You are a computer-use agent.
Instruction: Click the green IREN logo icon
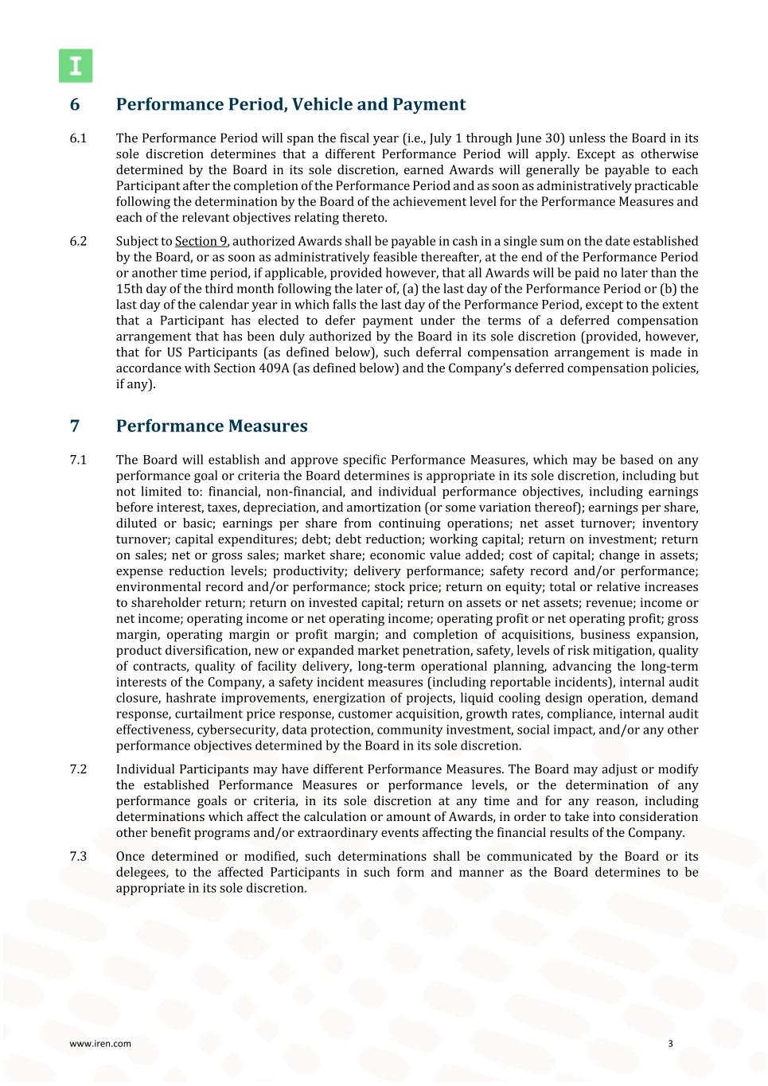click(76, 66)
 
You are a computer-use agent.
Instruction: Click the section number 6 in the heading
click(75, 105)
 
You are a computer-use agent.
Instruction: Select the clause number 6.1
click(78, 138)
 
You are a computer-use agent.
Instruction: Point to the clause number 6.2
click(78, 241)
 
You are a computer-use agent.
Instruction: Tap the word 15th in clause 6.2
click(130, 289)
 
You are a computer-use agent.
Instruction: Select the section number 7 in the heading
click(75, 426)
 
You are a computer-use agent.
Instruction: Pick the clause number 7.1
click(78, 460)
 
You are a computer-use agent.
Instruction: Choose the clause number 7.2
click(78, 769)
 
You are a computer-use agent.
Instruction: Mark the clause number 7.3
click(78, 857)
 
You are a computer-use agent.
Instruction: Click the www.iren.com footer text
click(100, 1044)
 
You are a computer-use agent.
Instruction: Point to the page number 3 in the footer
click(670, 1044)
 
